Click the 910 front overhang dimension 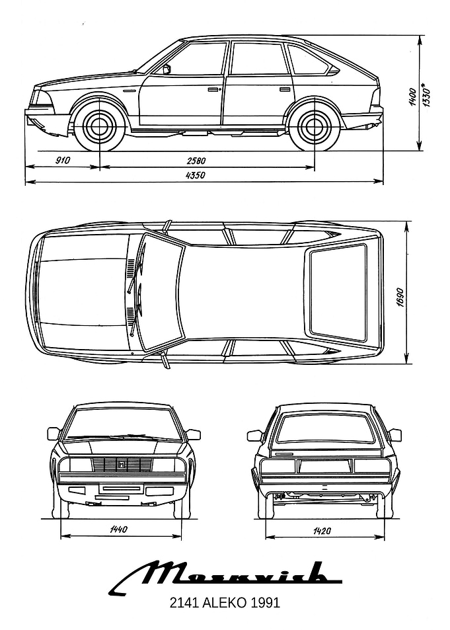point(63,161)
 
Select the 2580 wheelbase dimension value point(196,161)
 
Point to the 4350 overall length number point(196,175)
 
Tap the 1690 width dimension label point(400,297)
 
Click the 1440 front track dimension point(118,529)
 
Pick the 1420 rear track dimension point(322,531)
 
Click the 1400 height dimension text point(412,97)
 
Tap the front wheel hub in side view point(99,127)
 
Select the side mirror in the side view point(167,69)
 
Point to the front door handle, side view point(215,89)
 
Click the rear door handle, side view point(285,89)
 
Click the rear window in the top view point(338,291)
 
